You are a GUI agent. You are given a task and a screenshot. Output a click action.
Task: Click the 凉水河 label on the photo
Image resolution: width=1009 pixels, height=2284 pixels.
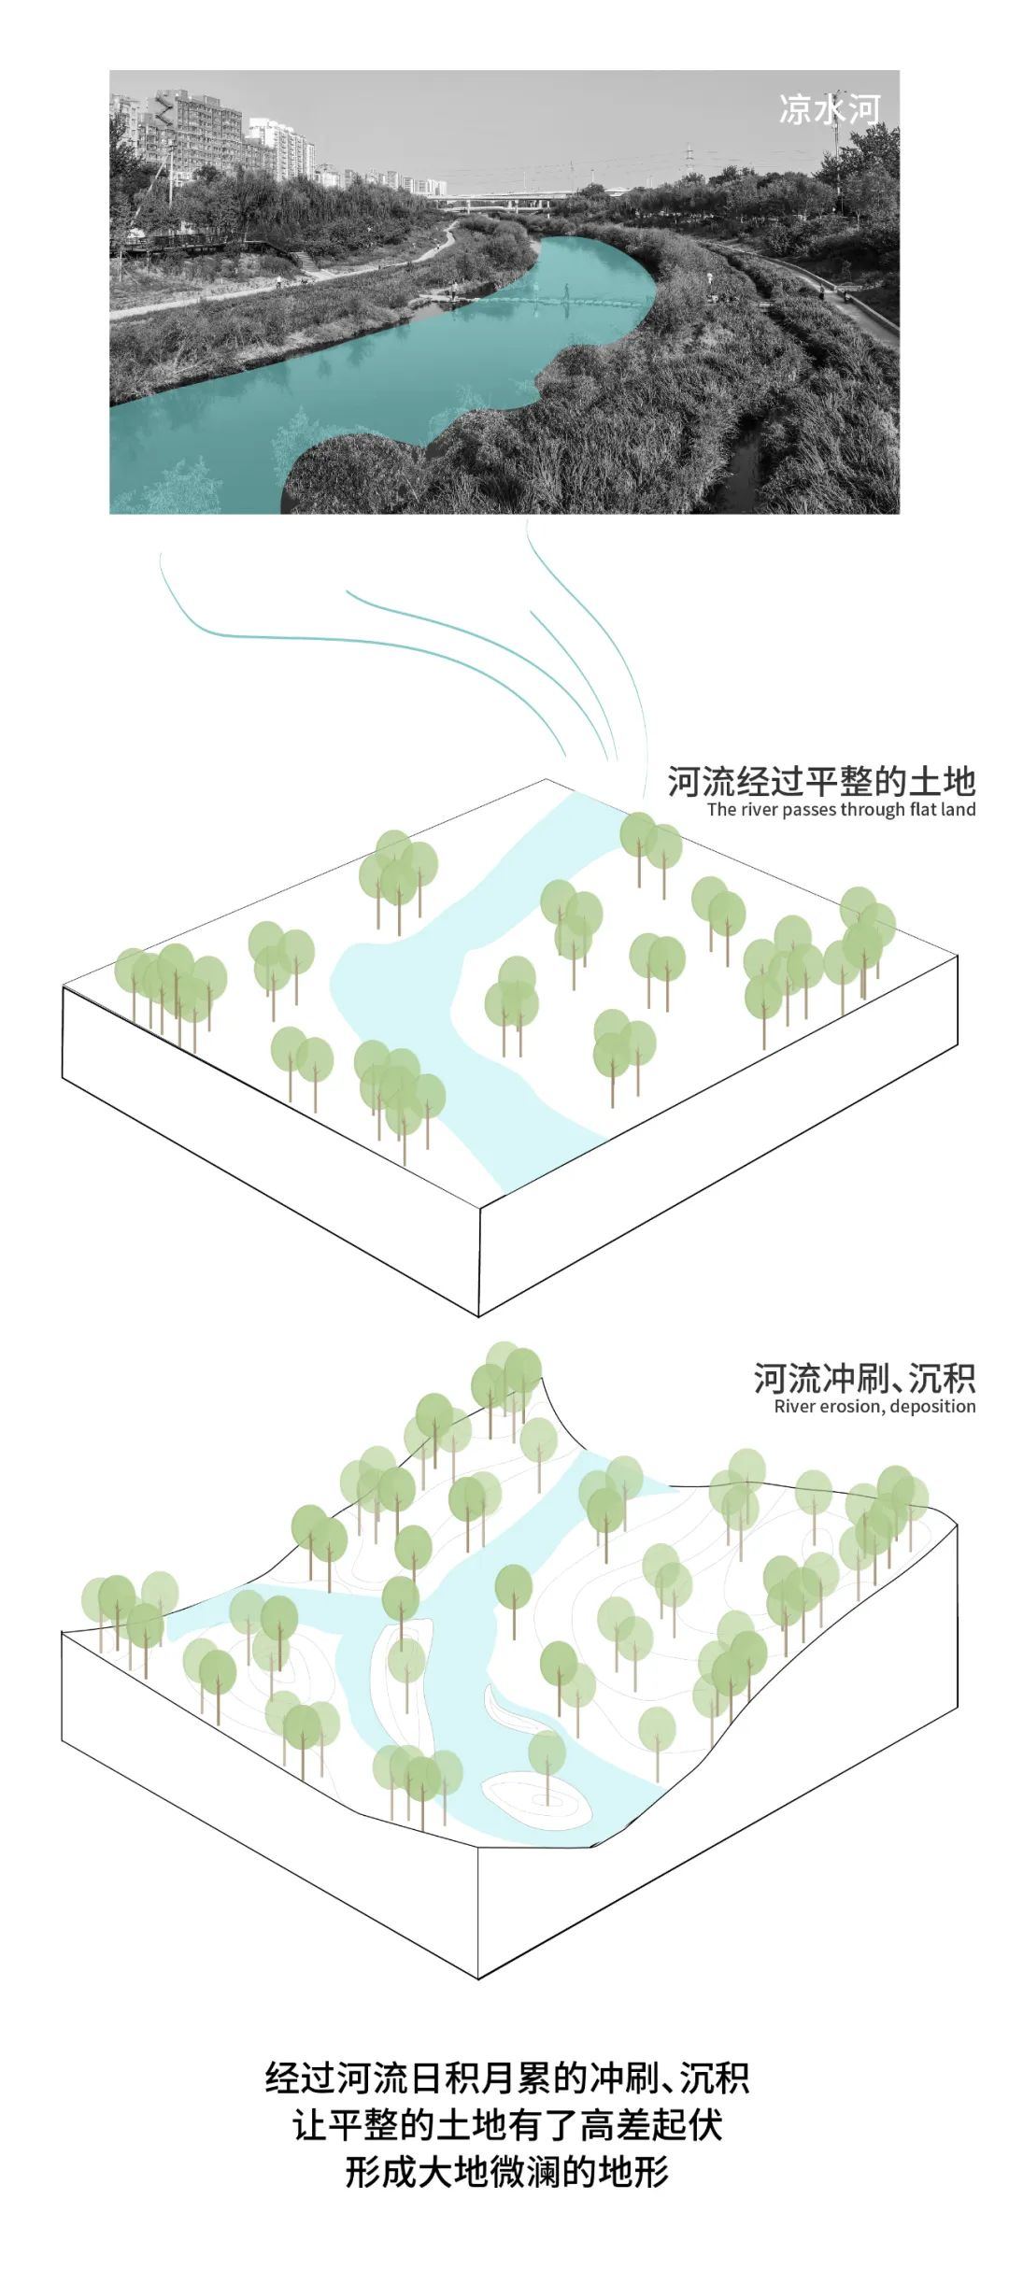pos(829,110)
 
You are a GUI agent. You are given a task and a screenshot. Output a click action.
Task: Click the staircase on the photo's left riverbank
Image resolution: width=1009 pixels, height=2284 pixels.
pos(305,262)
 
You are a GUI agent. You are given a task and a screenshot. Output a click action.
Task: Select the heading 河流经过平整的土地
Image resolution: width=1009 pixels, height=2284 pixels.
pos(821,781)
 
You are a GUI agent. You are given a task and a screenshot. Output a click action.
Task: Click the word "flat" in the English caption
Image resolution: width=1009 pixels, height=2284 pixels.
pos(923,810)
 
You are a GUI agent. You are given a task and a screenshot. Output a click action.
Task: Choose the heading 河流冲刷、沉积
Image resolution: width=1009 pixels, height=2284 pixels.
pos(864,1379)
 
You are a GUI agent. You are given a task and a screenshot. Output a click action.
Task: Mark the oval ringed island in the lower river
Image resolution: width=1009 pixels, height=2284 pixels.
pos(536,1799)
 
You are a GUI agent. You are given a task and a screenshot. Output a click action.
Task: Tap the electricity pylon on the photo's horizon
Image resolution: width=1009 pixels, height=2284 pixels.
pos(689,163)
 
